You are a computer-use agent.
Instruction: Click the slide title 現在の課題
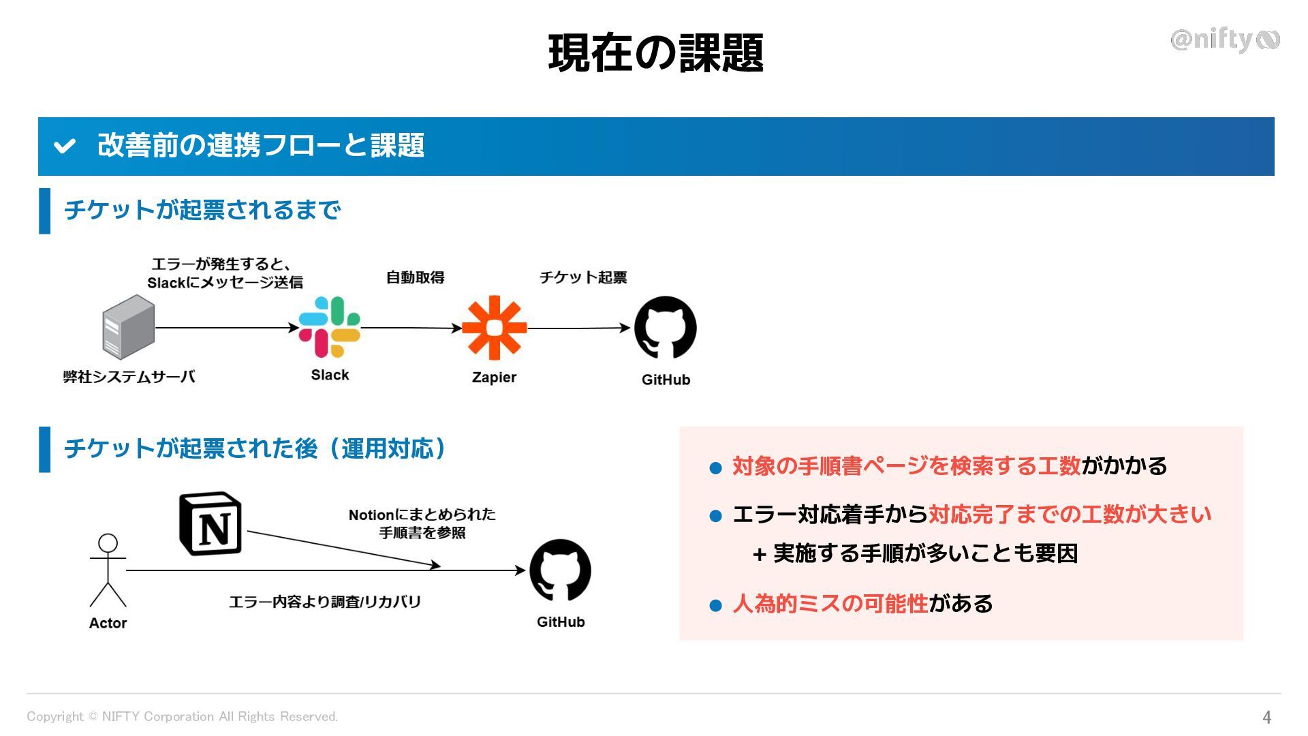655,53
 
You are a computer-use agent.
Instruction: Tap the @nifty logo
1224,40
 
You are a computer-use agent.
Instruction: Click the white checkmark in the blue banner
65,146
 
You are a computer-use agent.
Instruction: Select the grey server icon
128,327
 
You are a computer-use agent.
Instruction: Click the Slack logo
330,327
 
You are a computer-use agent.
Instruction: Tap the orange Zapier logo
495,328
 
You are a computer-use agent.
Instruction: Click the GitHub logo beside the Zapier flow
666,328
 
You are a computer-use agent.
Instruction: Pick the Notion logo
211,523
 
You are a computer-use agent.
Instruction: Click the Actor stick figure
108,571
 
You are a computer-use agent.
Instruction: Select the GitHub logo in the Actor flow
560,570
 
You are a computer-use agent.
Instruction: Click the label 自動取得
415,277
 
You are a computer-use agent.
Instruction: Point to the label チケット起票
583,277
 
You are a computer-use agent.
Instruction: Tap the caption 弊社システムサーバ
129,377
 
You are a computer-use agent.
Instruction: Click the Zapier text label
494,378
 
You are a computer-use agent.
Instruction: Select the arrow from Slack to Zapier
411,328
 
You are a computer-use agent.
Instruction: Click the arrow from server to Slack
227,328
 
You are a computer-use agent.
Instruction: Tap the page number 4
1266,717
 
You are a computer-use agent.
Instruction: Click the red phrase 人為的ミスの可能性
830,604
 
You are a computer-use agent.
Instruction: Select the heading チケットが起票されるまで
202,210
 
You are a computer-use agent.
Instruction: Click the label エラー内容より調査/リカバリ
325,602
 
